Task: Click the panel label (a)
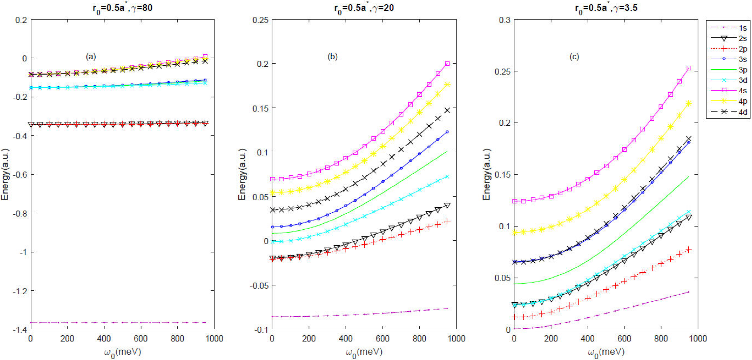point(91,57)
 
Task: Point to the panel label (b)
point(332,57)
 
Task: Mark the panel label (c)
point(574,57)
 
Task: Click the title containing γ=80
point(123,8)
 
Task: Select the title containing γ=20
point(364,8)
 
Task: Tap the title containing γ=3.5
point(606,8)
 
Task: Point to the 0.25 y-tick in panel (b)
point(260,20)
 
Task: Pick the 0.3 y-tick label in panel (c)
point(505,20)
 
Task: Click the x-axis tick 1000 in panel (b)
point(456,339)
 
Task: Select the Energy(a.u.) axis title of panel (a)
point(5,175)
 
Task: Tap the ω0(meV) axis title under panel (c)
point(606,352)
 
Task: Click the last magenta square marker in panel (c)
point(689,68)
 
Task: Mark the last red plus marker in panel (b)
point(447,221)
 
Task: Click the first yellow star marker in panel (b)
point(272,193)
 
